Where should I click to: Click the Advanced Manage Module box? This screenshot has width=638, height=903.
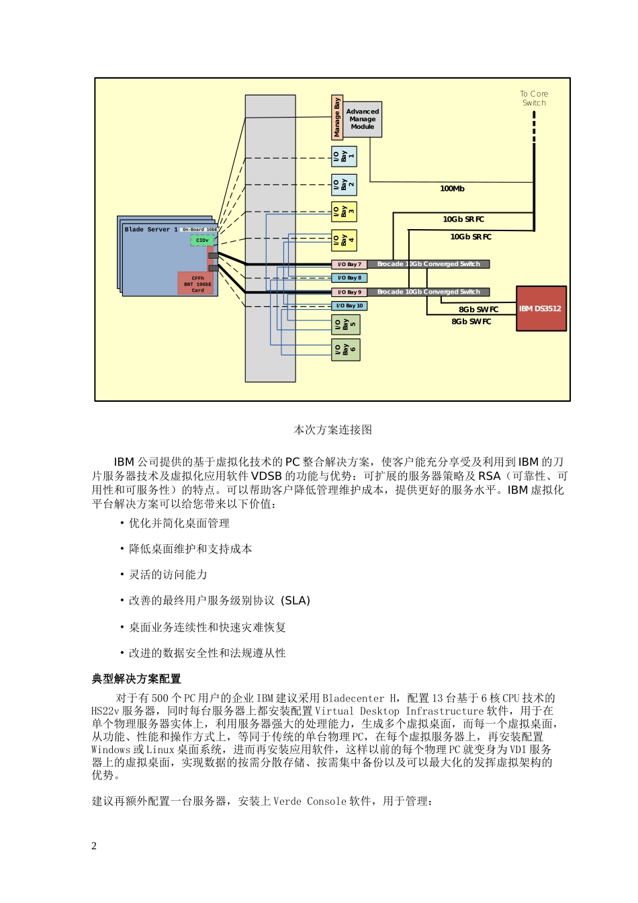[x=363, y=119]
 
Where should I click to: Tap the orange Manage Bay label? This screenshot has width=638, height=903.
[x=337, y=118]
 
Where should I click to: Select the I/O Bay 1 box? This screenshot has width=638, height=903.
[x=344, y=157]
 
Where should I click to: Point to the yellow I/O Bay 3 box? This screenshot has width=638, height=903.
[x=344, y=212]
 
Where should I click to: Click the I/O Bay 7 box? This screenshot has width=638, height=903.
[x=349, y=264]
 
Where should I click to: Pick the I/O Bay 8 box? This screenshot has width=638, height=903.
[x=349, y=277]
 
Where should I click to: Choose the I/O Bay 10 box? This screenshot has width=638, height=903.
[x=349, y=306]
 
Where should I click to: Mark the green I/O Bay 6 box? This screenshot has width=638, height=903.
[x=345, y=349]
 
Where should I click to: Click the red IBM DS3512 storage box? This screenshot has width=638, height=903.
[x=541, y=308]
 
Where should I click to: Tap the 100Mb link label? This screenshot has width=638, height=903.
[x=452, y=189]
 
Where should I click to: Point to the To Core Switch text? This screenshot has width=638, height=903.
[x=534, y=98]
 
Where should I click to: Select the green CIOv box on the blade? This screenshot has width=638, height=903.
[x=202, y=240]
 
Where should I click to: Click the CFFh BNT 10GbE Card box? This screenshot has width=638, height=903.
[x=197, y=284]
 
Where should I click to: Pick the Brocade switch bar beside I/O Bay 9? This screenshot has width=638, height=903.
[x=428, y=292]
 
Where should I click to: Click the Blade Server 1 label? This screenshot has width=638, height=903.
[x=151, y=230]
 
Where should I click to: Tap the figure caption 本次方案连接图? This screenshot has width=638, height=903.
[x=332, y=430]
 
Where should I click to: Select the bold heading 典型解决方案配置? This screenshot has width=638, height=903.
[x=136, y=679]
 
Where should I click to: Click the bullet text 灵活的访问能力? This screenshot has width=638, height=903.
[x=168, y=574]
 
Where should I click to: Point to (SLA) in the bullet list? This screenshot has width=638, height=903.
[x=295, y=601]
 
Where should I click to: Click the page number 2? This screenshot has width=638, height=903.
[x=94, y=846]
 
